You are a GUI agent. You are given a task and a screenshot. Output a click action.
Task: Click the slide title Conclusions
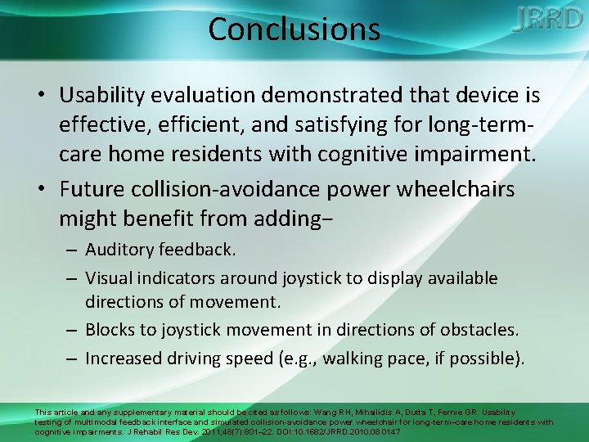click(294, 29)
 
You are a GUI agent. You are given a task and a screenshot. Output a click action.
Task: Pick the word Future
click(92, 189)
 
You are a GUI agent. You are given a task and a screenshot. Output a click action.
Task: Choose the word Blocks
click(110, 331)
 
